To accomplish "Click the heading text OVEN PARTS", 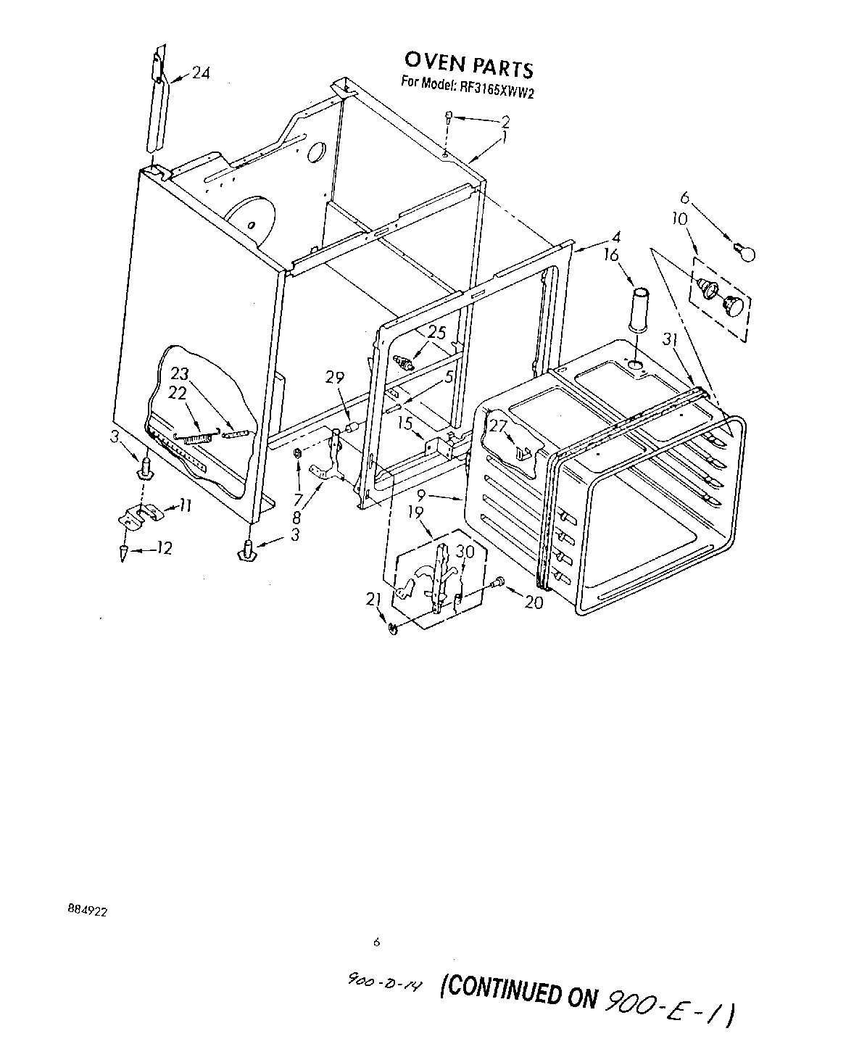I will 468,65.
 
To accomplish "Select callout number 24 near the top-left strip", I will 201,73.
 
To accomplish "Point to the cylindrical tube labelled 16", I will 639,309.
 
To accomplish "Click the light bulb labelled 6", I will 744,252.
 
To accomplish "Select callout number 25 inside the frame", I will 437,333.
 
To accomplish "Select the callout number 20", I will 533,601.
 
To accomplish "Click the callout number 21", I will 374,598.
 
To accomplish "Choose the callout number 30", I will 465,552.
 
